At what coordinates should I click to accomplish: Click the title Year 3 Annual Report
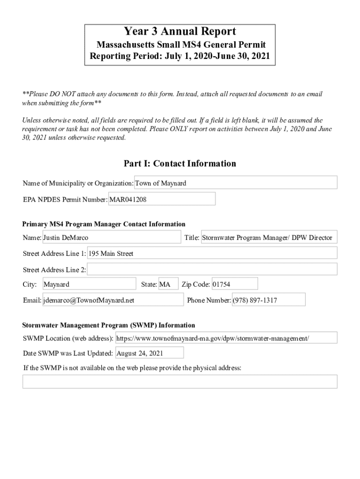click(x=180, y=32)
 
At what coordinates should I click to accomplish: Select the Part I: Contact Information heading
click(x=180, y=164)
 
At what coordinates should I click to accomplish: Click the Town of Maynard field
click(x=236, y=183)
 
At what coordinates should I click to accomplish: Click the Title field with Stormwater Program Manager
click(x=268, y=238)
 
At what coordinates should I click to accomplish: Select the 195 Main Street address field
click(x=212, y=254)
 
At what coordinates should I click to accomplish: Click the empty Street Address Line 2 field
click(x=212, y=269)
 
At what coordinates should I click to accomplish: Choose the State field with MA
click(x=168, y=284)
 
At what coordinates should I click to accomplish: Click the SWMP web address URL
click(x=226, y=338)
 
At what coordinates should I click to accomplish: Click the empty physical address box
click(x=180, y=382)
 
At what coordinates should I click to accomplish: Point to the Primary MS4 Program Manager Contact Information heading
click(x=104, y=225)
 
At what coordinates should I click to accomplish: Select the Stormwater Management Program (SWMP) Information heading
click(x=109, y=325)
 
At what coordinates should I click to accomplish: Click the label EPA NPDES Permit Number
click(x=65, y=200)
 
